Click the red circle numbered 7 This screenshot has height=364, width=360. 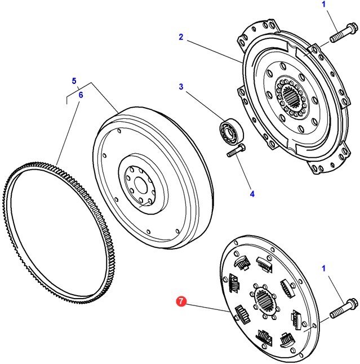(x=181, y=302)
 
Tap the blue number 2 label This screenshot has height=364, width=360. (x=181, y=37)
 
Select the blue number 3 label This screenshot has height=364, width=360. (x=181, y=87)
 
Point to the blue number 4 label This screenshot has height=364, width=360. (x=252, y=194)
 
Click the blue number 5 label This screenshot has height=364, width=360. (x=74, y=81)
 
